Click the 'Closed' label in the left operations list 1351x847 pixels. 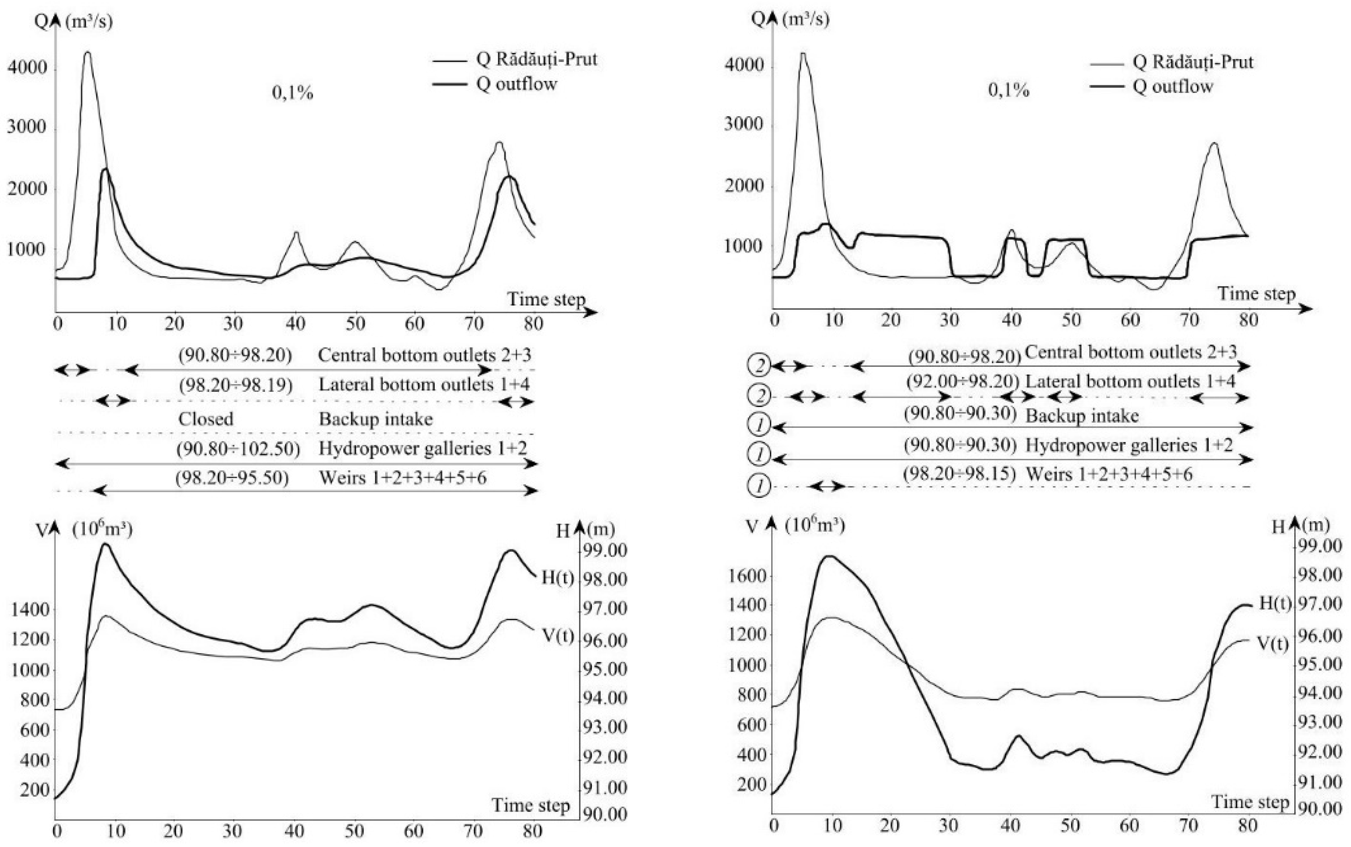(x=205, y=419)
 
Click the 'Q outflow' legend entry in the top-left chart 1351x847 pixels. (x=516, y=84)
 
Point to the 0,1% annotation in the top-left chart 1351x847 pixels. (x=292, y=93)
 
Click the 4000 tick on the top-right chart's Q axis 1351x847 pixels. (x=743, y=65)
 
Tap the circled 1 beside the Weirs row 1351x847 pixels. (x=759, y=486)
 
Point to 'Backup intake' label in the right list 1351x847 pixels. (x=1082, y=416)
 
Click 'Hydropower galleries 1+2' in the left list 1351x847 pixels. (x=423, y=448)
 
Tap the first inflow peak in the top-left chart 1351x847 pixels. (x=87, y=53)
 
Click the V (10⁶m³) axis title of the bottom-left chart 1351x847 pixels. (x=84, y=529)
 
